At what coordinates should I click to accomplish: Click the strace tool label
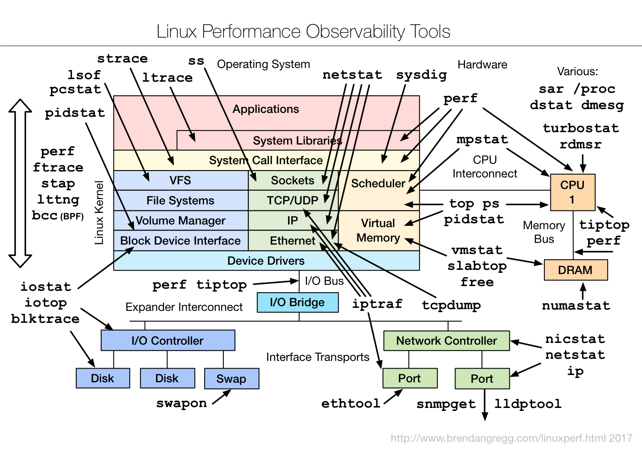(122, 58)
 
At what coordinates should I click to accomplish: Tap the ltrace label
(167, 77)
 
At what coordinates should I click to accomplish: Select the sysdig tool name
(422, 75)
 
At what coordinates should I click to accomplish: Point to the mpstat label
(482, 139)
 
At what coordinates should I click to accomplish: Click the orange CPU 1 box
(572, 192)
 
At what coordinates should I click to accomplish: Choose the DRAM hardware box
(575, 270)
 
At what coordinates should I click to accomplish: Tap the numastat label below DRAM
(576, 306)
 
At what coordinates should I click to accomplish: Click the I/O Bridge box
(297, 302)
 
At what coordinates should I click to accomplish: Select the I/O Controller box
(168, 340)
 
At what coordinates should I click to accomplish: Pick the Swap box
(231, 378)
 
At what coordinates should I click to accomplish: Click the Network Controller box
(446, 340)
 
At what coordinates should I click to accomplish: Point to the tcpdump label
(451, 305)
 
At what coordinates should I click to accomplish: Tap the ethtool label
(351, 403)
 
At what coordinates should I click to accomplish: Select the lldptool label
(528, 404)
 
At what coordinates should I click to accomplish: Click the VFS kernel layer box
(181, 180)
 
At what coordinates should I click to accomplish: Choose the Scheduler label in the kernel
(378, 183)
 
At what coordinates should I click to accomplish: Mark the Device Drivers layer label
(266, 261)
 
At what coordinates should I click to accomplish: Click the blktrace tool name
(45, 319)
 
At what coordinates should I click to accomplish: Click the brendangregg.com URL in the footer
(511, 438)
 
